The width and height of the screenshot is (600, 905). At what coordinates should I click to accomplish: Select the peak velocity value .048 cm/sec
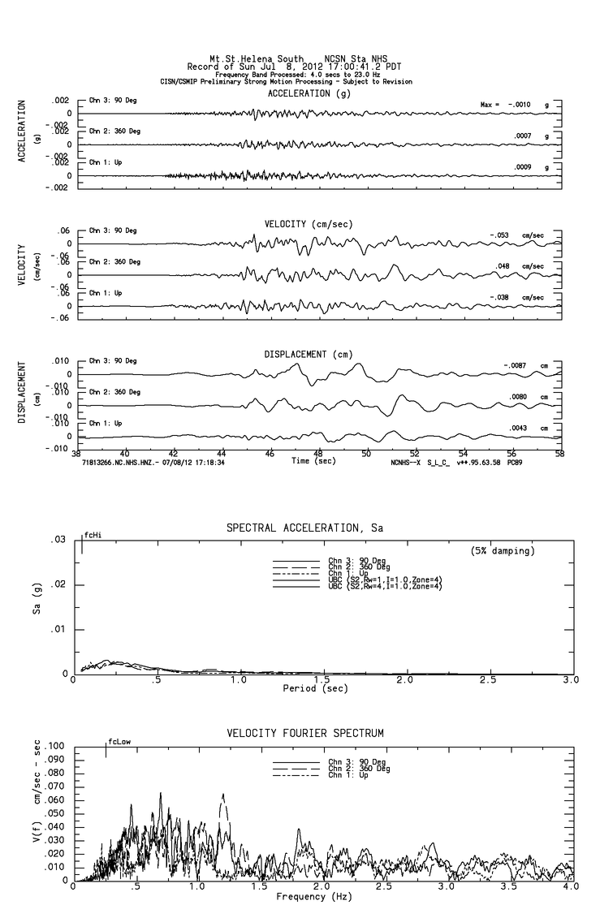coord(505,266)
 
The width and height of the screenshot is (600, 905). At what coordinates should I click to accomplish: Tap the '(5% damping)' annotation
coord(503,551)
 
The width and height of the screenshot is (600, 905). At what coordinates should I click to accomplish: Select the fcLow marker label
coord(119,741)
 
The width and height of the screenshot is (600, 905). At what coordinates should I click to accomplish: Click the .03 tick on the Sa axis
coord(58,541)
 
